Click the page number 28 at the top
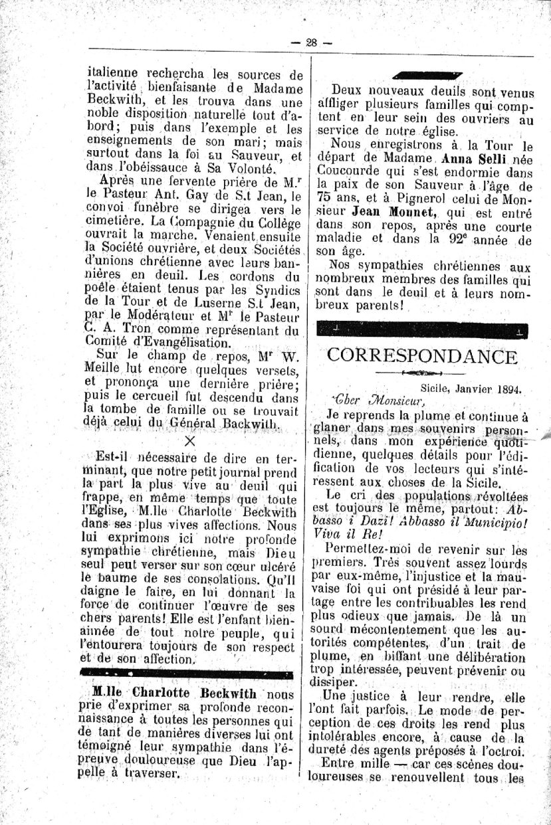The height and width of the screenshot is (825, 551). click(310, 42)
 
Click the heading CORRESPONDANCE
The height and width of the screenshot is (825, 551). click(422, 356)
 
